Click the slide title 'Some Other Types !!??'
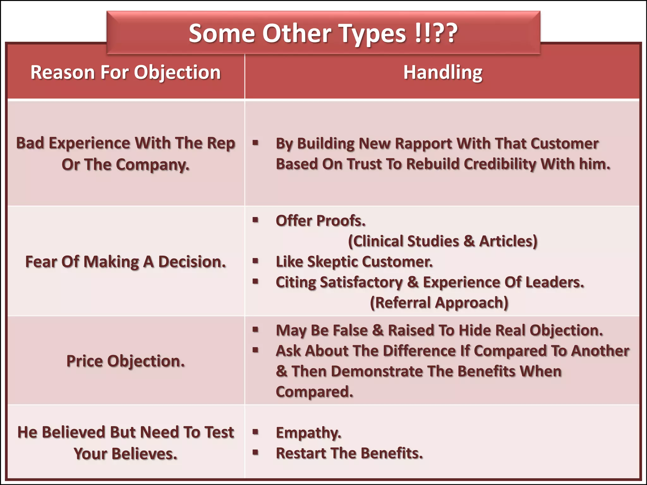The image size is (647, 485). click(x=323, y=33)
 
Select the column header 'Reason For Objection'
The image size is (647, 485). click(x=125, y=72)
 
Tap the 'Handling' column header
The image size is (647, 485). click(x=443, y=72)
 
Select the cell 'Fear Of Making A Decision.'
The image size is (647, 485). click(x=125, y=262)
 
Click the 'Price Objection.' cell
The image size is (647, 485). click(x=125, y=361)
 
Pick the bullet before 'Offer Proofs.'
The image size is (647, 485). click(x=256, y=220)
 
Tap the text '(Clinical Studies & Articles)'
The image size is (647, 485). click(x=443, y=241)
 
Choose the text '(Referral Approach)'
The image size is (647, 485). click(x=439, y=302)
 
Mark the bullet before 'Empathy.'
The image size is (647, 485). click(x=256, y=432)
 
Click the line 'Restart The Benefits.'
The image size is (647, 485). click(x=349, y=453)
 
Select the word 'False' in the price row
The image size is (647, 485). click(x=350, y=330)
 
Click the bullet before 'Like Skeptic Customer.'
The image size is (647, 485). click(x=256, y=261)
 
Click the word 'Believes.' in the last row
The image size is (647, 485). click(x=144, y=454)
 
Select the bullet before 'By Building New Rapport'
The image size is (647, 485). click(x=256, y=143)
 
